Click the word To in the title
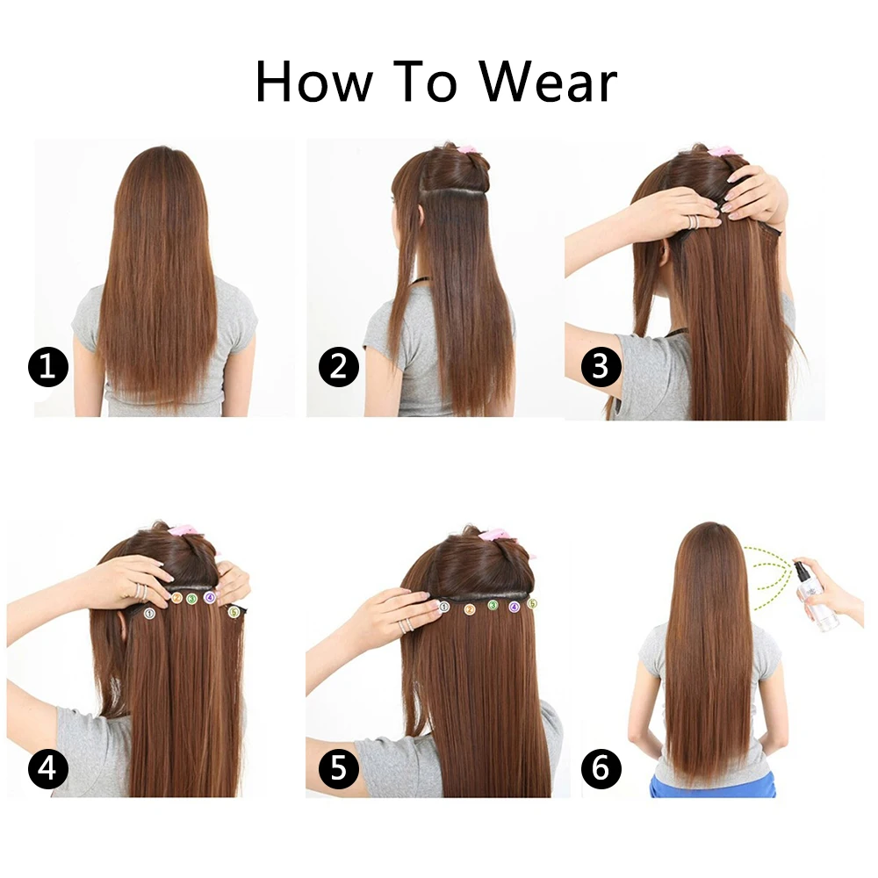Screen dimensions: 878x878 coord(426,83)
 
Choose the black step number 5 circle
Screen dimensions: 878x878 coord(338,770)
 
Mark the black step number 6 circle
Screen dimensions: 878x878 coord(601,770)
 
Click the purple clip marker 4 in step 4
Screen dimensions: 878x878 coord(209,597)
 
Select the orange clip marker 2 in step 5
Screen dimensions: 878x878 coord(470,608)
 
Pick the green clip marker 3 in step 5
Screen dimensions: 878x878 coord(493,605)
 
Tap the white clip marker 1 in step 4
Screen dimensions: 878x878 coord(149,612)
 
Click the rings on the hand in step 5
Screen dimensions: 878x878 coord(406,626)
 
